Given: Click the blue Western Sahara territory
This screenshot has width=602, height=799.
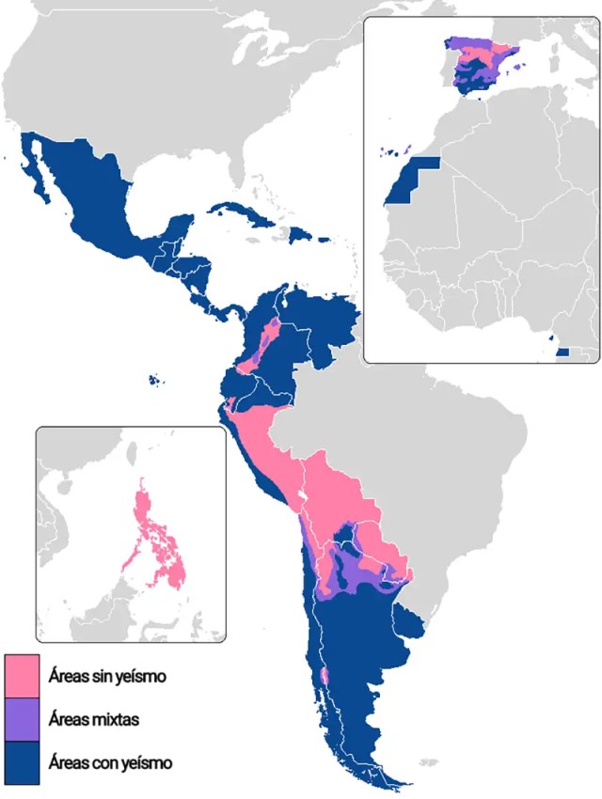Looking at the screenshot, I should point(411,183).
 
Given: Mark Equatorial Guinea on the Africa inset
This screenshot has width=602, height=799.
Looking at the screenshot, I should point(562,351).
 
